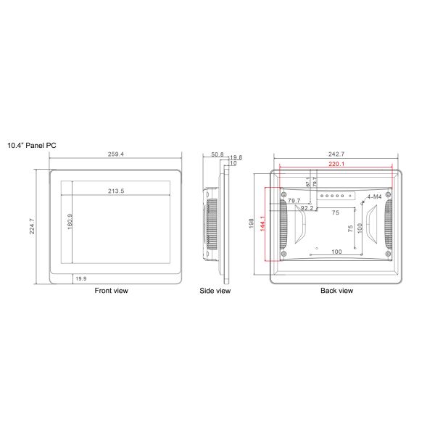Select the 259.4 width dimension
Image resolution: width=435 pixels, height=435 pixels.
pyautogui.click(x=115, y=154)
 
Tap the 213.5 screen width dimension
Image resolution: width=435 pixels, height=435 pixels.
pyautogui.click(x=116, y=191)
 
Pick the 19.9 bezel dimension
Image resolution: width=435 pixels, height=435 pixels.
pyautogui.click(x=80, y=278)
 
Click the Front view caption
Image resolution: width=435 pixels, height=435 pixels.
pyautogui.click(x=112, y=291)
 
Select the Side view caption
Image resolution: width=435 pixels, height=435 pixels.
pyautogui.click(x=215, y=291)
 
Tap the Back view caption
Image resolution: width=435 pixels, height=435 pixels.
pyautogui.click(x=336, y=291)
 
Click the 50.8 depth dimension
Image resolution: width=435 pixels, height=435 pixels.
pyautogui.click(x=217, y=154)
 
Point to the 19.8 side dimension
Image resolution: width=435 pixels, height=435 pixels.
pyautogui.click(x=235, y=157)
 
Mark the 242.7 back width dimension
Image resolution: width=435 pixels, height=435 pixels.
pyautogui.click(x=336, y=154)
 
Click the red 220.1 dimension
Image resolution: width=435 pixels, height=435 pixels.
pyautogui.click(x=336, y=165)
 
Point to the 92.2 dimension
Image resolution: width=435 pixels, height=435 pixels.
pyautogui.click(x=307, y=208)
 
